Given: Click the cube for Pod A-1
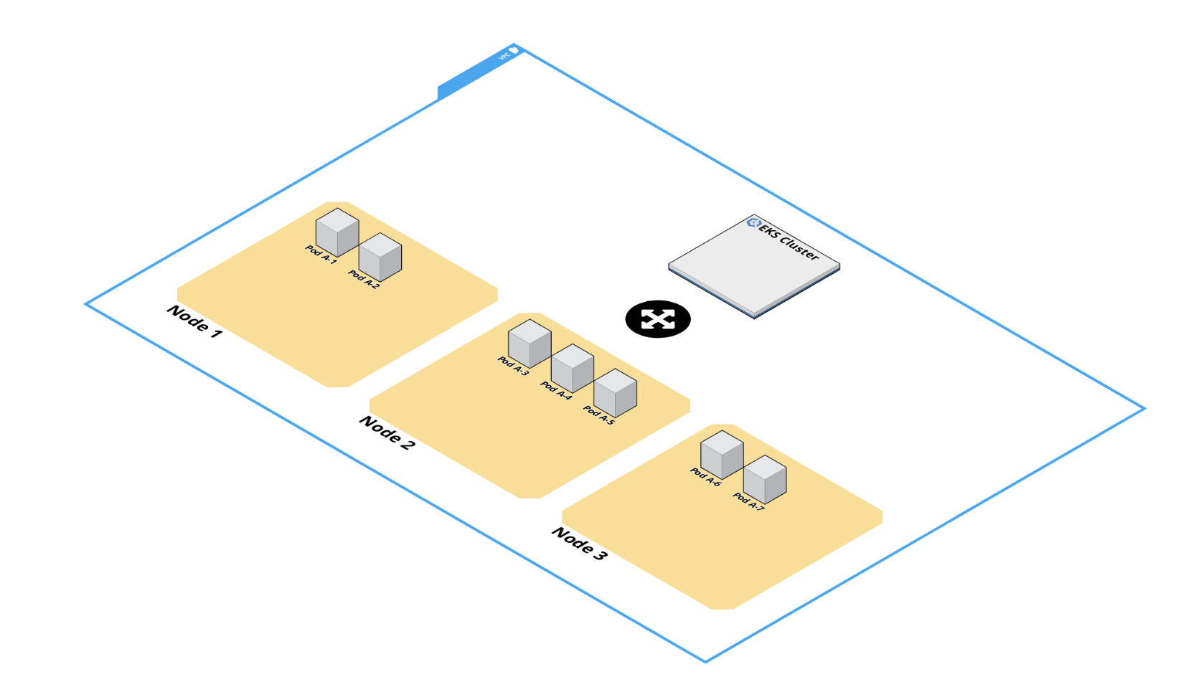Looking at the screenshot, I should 337,232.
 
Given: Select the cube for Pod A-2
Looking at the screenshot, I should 380,257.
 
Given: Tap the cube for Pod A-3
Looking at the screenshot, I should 530,343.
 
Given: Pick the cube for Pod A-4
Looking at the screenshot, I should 573,368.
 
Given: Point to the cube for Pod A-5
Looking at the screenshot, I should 616,393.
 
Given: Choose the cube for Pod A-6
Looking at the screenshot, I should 722,454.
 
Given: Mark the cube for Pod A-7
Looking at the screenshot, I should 765,479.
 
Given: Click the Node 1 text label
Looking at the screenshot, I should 194,321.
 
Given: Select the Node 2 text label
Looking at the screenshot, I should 387,432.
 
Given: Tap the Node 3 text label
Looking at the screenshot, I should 580,544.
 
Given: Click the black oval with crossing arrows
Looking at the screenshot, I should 658,319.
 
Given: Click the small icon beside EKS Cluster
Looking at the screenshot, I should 753,222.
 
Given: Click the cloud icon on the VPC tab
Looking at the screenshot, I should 514,50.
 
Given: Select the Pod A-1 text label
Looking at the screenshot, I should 321,255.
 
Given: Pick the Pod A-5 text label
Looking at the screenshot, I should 599,415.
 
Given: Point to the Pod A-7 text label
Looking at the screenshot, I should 748,501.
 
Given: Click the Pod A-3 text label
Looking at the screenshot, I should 513,366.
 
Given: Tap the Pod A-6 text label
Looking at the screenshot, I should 705,477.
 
